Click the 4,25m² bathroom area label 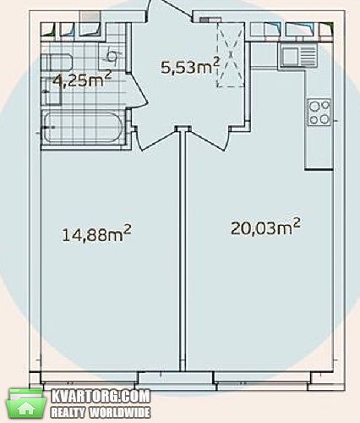pos(83,80)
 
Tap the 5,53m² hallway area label pos(190,66)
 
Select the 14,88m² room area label pos(96,233)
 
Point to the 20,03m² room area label pos(265,227)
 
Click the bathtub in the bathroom pos(83,127)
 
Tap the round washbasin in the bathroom pos(112,56)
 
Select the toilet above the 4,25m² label pos(57,62)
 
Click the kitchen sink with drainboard pos(298,56)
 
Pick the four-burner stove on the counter pos(319,112)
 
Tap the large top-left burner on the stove pos(314,106)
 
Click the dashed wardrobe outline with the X pos(231,55)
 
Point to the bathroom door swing pos(137,91)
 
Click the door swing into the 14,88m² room pos(156,139)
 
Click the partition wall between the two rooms pos(183,250)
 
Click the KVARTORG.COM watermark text pos(101,396)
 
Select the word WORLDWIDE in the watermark pos(120,413)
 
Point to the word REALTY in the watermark pos(68,413)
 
